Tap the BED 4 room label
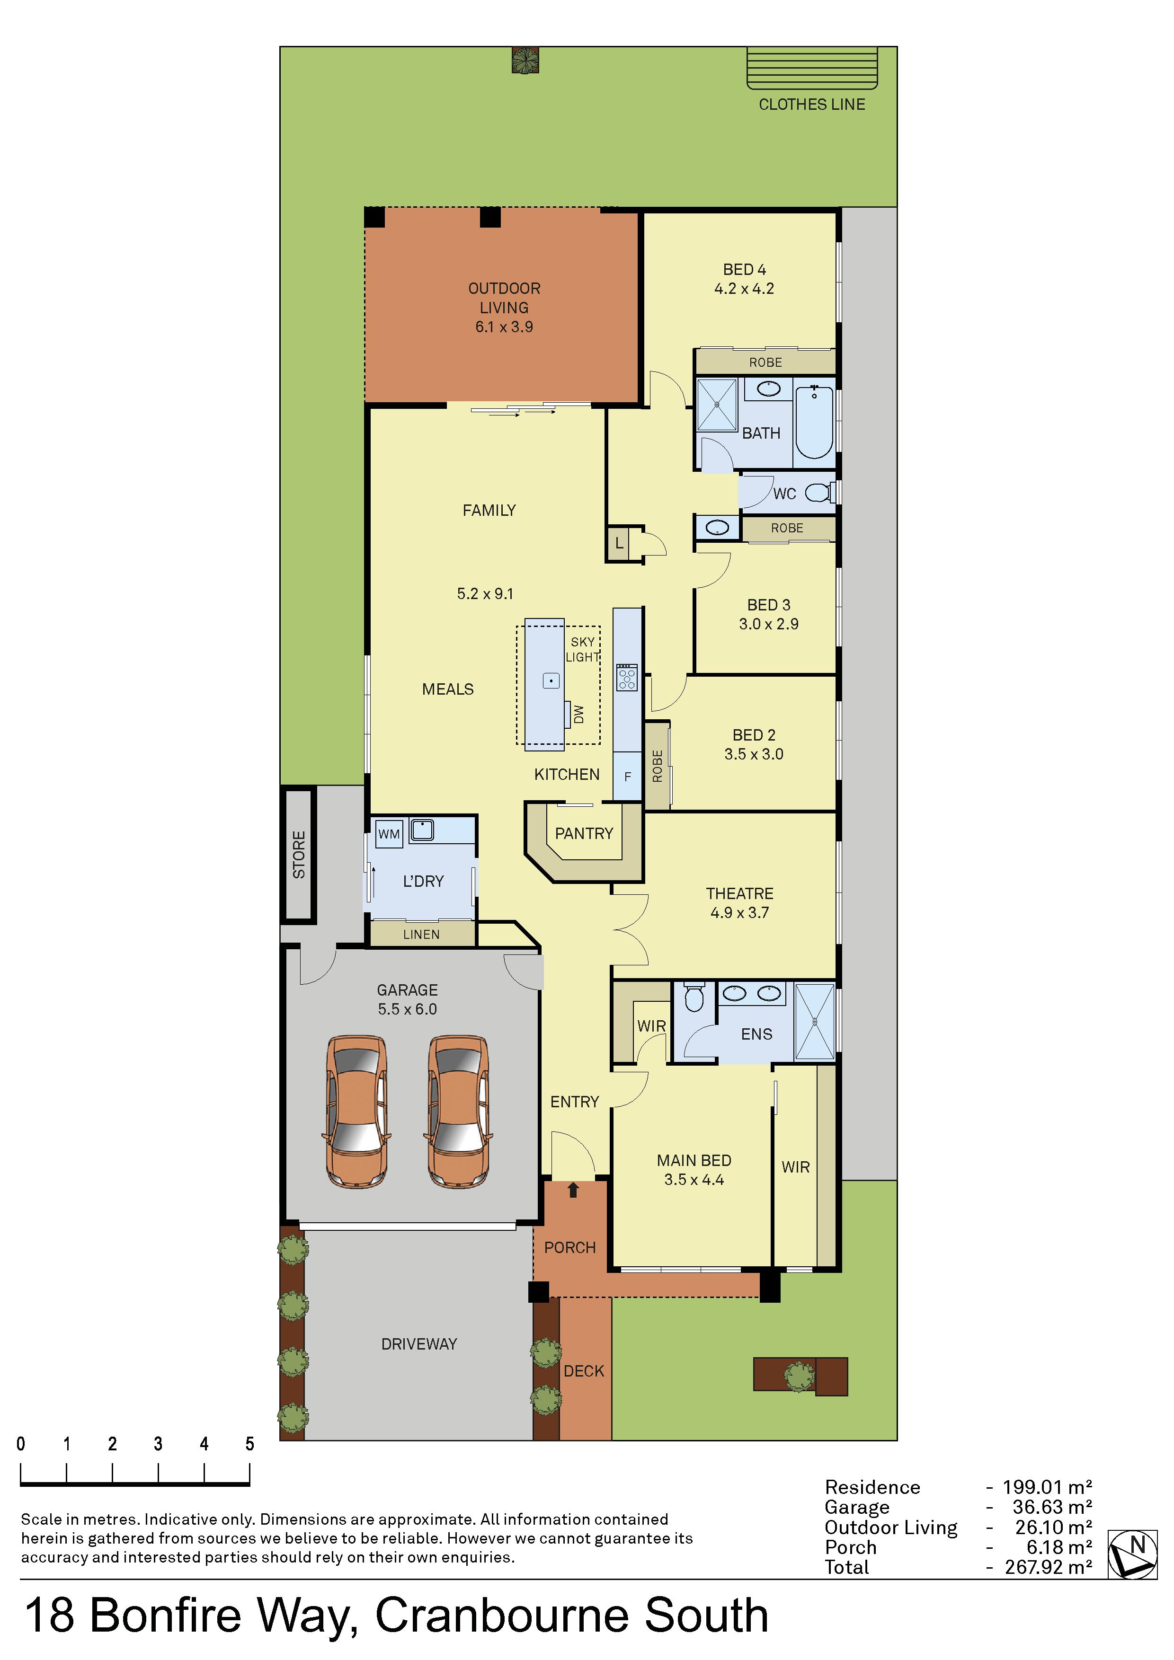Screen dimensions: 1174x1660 [744, 270]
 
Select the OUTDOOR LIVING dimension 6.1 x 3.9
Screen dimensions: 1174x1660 [504, 327]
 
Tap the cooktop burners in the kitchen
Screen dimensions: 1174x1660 [626, 678]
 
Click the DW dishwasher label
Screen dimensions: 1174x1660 [578, 715]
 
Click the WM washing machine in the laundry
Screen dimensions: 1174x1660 [389, 834]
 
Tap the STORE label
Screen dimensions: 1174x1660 [299, 855]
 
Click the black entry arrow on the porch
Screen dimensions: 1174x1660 [574, 1189]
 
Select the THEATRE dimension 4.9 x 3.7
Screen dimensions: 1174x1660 [739, 912]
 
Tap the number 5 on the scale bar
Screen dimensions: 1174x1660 [249, 1444]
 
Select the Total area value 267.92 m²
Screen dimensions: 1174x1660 [1048, 1567]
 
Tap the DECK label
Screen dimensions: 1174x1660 [584, 1371]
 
